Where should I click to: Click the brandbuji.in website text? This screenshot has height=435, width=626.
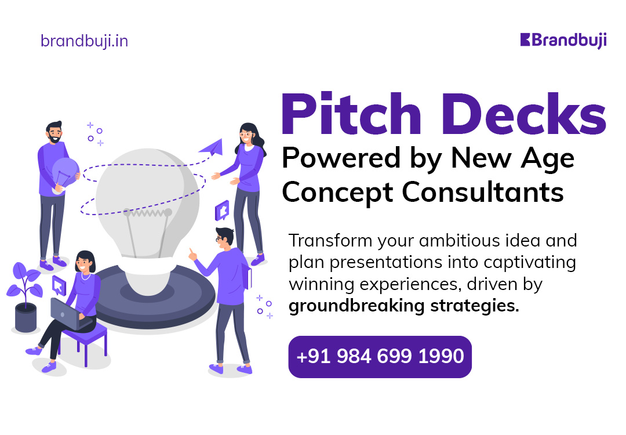pyautogui.click(x=84, y=41)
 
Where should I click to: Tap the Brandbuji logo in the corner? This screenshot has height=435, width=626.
pyautogui.click(x=563, y=41)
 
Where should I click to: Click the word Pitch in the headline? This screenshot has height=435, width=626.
pyautogui.click(x=351, y=114)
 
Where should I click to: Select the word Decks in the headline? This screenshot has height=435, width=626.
pyautogui.click(x=523, y=114)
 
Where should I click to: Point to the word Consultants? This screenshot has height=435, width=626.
pyautogui.click(x=482, y=192)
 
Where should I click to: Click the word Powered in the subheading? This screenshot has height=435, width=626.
pyautogui.click(x=341, y=158)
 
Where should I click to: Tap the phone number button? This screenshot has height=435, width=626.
pyautogui.click(x=380, y=357)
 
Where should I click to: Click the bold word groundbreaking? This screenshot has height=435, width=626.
pyautogui.click(x=356, y=306)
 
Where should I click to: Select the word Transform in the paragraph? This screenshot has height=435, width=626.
pyautogui.click(x=330, y=241)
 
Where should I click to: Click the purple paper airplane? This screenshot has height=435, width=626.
pyautogui.click(x=212, y=148)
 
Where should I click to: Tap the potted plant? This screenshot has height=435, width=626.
pyautogui.click(x=24, y=296)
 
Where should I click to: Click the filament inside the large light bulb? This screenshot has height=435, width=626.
pyautogui.click(x=147, y=212)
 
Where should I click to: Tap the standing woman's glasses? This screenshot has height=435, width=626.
pyautogui.click(x=245, y=135)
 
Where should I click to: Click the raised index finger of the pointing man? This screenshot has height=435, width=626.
pyautogui.click(x=191, y=252)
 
